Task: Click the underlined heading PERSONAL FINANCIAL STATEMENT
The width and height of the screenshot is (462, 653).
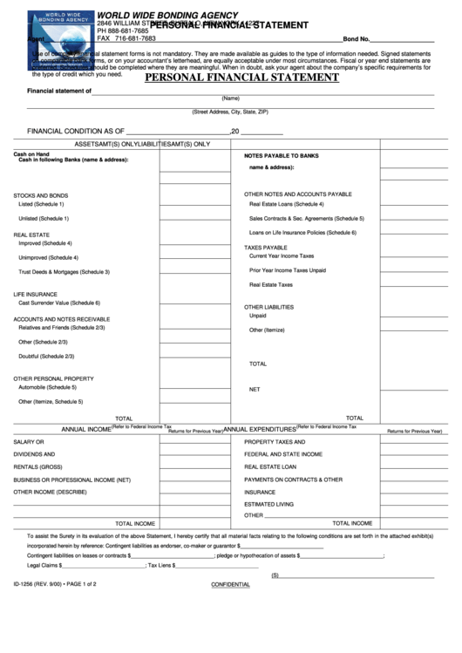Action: pyautogui.click(x=241, y=78)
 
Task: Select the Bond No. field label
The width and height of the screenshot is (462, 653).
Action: pyautogui.click(x=357, y=40)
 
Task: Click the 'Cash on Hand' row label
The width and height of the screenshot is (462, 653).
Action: pyautogui.click(x=31, y=153)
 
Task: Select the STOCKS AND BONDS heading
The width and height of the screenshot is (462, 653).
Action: pyautogui.click(x=41, y=194)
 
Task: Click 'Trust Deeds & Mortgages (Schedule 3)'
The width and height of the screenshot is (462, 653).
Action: pyautogui.click(x=64, y=272)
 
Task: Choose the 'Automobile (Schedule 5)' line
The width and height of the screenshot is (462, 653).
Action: pyautogui.click(x=48, y=386)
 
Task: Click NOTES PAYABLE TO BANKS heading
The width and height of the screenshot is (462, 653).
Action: pyautogui.click(x=282, y=155)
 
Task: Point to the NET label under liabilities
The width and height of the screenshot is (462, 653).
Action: pyautogui.click(x=255, y=389)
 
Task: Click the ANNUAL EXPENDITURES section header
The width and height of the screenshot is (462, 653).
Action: pyautogui.click(x=259, y=430)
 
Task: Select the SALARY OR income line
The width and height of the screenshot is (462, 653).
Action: pyautogui.click(x=29, y=442)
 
